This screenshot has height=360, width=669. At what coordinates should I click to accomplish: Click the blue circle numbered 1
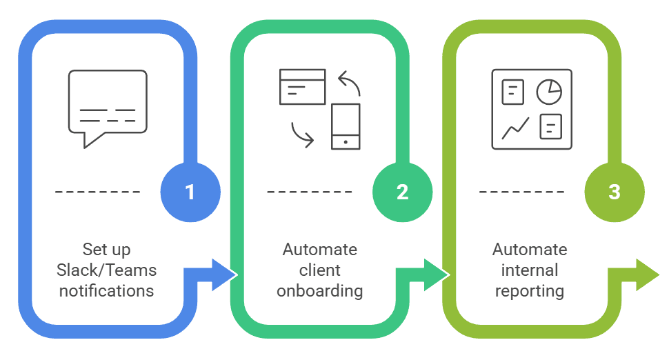click(190, 192)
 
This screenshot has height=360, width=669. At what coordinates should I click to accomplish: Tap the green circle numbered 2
click(402, 192)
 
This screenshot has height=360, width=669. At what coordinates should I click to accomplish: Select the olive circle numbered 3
click(615, 192)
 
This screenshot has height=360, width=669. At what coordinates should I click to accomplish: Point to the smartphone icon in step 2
click(346, 126)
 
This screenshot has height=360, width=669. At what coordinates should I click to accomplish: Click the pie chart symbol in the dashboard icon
click(549, 92)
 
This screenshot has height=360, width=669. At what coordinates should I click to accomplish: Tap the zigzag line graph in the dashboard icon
click(515, 128)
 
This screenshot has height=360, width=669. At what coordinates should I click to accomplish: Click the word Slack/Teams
click(107, 270)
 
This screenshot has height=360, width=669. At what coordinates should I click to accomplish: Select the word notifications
click(107, 291)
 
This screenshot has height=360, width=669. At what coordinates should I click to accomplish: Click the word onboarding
click(319, 291)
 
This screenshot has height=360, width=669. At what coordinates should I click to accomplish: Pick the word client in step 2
click(319, 270)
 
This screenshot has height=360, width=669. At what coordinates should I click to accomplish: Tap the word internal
click(530, 270)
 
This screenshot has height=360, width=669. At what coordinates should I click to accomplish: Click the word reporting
click(530, 291)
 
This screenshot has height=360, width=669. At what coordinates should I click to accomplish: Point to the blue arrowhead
click(223, 275)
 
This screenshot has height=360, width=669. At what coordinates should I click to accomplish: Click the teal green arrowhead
click(435, 275)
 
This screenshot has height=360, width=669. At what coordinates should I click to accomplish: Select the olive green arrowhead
click(647, 275)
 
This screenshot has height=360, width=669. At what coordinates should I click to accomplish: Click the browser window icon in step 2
click(303, 87)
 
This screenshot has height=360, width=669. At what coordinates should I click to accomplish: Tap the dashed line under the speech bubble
click(98, 192)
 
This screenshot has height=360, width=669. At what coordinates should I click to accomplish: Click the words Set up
click(107, 250)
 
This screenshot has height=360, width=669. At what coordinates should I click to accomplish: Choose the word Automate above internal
click(530, 250)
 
